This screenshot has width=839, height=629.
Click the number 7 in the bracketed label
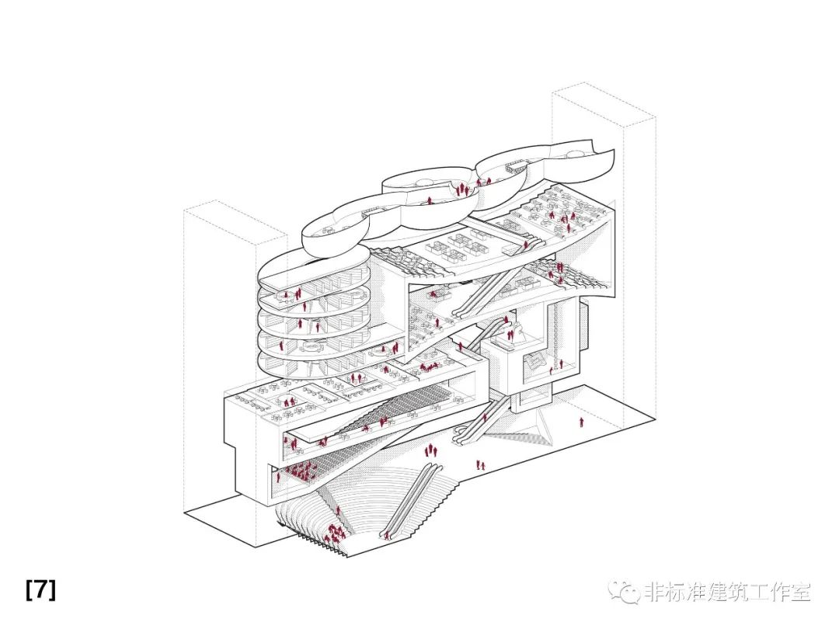(40, 589)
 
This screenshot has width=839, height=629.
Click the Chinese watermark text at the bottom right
(727, 593)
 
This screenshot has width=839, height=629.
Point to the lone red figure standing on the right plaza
(581, 422)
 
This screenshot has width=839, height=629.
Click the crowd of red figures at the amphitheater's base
(336, 533)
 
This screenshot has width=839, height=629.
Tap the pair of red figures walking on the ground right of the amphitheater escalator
(481, 465)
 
